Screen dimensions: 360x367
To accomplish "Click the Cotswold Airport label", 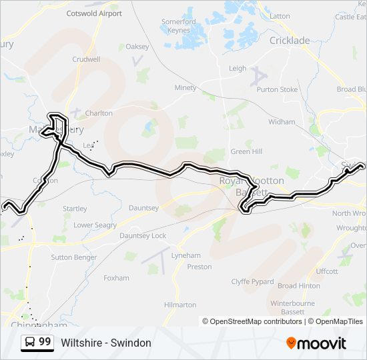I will pyautogui.click(x=94, y=13).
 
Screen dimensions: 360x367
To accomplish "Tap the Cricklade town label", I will pyautogui.click(x=290, y=41).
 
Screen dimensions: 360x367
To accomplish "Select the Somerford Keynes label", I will pyautogui.click(x=179, y=26).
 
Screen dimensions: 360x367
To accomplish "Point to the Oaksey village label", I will pyautogui.click(x=137, y=47).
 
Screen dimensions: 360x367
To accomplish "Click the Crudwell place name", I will pyautogui.click(x=86, y=59).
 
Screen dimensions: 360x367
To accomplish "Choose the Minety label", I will pyautogui.click(x=186, y=88).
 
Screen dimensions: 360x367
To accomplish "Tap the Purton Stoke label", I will pyautogui.click(x=277, y=89).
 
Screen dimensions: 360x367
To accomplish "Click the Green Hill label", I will pyautogui.click(x=246, y=151).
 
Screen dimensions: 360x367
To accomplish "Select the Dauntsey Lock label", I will pyautogui.click(x=143, y=236).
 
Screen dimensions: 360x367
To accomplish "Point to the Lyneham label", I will pyautogui.click(x=186, y=255).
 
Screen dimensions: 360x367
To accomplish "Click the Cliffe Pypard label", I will pyautogui.click(x=252, y=282).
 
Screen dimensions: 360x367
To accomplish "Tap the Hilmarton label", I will pyautogui.click(x=180, y=305).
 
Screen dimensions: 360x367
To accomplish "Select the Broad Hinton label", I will pyautogui.click(x=298, y=286).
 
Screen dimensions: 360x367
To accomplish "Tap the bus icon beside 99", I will pyautogui.click(x=30, y=343).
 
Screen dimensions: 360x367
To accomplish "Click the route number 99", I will pyautogui.click(x=45, y=342).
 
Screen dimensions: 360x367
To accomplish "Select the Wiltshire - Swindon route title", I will pyautogui.click(x=106, y=343).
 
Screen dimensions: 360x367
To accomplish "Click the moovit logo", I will pyautogui.click(x=316, y=343).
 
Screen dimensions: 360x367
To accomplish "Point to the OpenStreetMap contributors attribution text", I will pyautogui.click(x=252, y=321).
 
